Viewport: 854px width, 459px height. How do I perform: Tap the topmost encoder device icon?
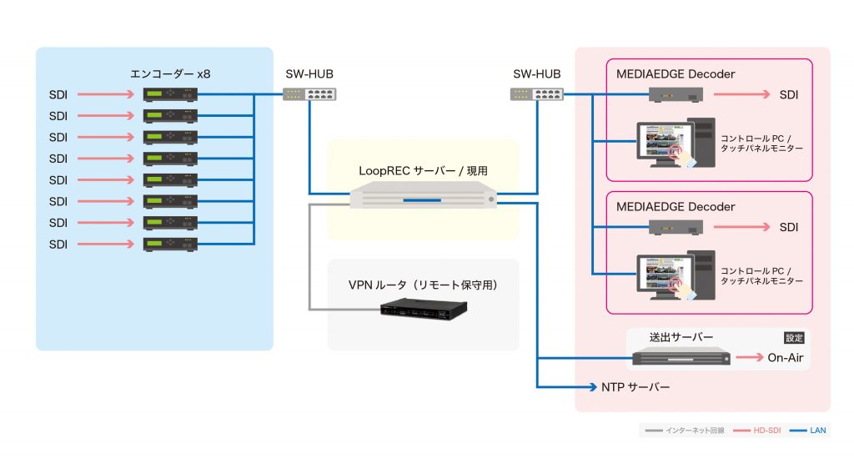pos(170,94)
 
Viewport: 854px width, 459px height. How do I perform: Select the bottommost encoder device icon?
pos(170,244)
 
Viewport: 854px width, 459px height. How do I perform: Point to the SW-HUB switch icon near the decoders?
pos(535,94)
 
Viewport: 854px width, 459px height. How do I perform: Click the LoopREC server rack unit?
pos(423,199)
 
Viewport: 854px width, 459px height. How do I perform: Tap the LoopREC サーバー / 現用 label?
pos(423,170)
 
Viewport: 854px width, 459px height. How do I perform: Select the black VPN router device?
pos(423,310)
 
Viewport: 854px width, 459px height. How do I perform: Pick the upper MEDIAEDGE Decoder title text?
pos(675,74)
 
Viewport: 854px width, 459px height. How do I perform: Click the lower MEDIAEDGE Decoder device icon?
pos(676,228)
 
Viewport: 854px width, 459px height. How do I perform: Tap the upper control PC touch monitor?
pos(663,143)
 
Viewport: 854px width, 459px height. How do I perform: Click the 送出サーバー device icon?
pos(681,358)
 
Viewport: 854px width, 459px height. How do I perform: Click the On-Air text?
pos(786,358)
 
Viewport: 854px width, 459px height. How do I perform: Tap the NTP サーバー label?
pos(635,388)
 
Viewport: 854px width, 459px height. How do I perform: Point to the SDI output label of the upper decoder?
pos(788,94)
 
